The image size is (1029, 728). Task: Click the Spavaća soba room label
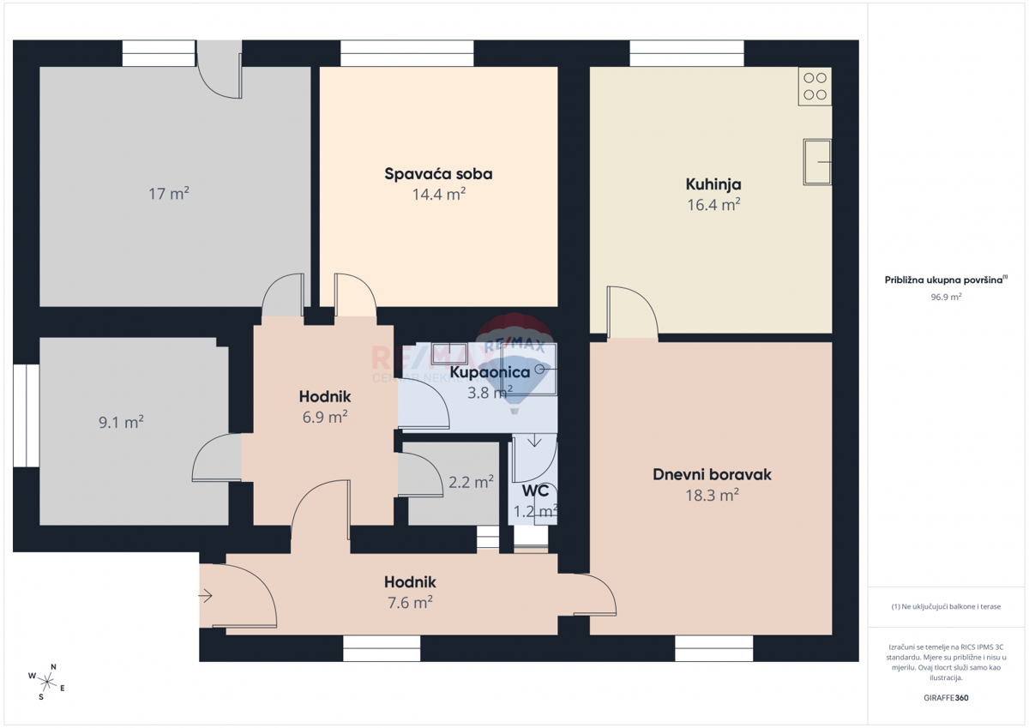point(438,174)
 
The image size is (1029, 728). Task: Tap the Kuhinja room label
point(713,184)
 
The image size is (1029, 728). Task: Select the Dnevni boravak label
point(712,474)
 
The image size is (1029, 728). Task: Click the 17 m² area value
point(168,194)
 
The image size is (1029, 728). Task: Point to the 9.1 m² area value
point(121,422)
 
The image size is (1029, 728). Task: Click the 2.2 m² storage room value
point(471,482)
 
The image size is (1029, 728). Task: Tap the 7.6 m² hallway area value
point(409,603)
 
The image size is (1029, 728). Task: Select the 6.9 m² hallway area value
point(324,418)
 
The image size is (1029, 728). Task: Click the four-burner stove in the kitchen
point(815,86)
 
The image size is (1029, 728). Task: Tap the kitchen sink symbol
point(817,161)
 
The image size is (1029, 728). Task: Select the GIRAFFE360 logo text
point(947,698)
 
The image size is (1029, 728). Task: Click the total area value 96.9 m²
point(946,297)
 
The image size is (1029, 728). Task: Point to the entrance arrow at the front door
point(206,595)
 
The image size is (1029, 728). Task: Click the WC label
point(535,491)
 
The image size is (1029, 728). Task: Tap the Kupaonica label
point(490,373)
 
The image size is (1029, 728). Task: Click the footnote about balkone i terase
point(946,606)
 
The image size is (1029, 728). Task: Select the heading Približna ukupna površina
point(946,280)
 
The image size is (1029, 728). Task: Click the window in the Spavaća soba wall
point(406,53)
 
